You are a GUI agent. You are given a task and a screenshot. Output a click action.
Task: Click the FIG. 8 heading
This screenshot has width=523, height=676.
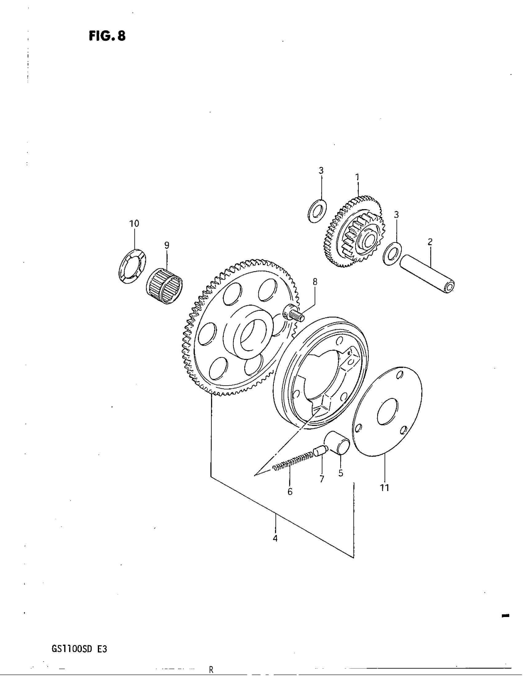[107, 36]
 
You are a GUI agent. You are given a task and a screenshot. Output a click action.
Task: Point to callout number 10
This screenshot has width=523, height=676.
[134, 223]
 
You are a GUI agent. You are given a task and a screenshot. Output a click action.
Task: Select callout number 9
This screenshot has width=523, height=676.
[167, 246]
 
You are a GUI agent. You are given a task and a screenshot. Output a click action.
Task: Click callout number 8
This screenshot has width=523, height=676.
[315, 282]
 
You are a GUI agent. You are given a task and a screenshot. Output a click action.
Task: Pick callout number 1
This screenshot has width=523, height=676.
[357, 177]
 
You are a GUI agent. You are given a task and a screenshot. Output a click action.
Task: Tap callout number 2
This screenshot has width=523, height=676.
[430, 242]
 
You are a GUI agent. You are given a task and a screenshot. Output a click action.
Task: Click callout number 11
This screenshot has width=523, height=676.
[385, 488]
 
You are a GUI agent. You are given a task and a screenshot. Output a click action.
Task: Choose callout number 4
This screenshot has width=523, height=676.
[275, 539]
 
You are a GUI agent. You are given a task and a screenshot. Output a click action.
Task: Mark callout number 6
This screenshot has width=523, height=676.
[290, 492]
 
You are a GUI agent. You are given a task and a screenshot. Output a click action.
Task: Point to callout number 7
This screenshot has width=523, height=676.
[321, 479]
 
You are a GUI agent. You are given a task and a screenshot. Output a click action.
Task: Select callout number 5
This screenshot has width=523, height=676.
[341, 473]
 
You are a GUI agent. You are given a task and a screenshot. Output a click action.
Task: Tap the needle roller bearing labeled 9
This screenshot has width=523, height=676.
[164, 286]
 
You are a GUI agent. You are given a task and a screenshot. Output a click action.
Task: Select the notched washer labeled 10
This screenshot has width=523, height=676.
[133, 265]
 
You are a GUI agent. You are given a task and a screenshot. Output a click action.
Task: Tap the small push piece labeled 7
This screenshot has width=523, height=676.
[320, 451]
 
